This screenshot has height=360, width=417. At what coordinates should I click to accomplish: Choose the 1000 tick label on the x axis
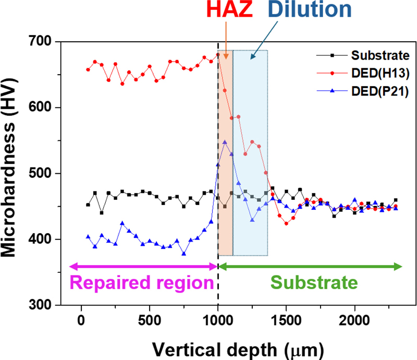[x=218, y=319]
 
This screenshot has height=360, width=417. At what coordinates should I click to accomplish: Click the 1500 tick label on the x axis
[x=286, y=319]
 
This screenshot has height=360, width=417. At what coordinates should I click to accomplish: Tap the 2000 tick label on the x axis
[x=354, y=319]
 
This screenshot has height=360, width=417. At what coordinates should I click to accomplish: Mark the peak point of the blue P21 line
[x=225, y=142]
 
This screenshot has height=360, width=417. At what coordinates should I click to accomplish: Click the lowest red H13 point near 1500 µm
[x=286, y=223]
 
